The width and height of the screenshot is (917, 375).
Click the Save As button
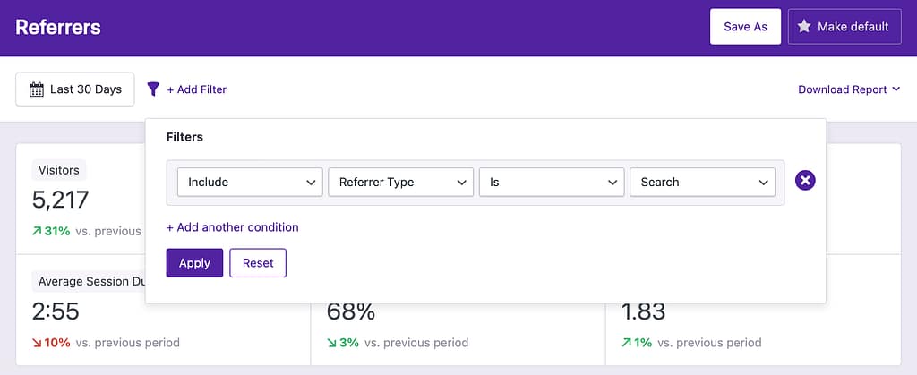point(745,27)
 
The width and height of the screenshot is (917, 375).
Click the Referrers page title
point(58,27)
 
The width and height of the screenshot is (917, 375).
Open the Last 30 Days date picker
point(75,89)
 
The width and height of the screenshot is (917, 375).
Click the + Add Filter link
point(196,89)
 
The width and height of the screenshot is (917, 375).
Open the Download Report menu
point(848,89)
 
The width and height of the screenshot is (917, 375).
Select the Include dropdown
point(250,182)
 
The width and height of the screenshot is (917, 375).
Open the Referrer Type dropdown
point(400,182)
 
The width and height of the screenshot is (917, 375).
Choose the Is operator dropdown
point(551,182)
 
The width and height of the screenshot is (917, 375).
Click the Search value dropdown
point(701,182)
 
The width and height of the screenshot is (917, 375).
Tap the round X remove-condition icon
point(805,182)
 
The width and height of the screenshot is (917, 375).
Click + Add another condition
point(233,227)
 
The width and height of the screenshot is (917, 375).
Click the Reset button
point(258,263)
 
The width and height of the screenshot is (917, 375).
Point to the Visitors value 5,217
point(61,200)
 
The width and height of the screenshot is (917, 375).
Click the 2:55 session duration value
point(56,311)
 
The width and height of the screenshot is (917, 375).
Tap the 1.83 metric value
point(643,311)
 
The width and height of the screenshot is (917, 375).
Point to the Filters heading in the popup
point(184,137)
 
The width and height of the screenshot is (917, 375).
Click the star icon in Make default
point(804,27)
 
